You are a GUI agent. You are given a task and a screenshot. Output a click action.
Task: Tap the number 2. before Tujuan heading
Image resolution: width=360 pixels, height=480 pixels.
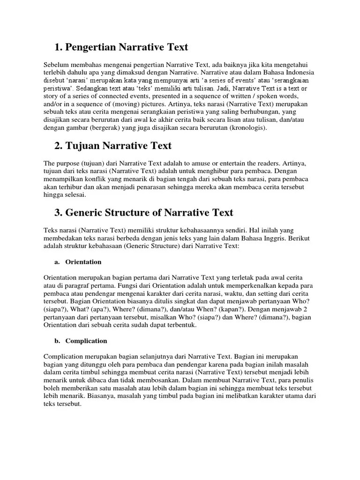coord(59,146)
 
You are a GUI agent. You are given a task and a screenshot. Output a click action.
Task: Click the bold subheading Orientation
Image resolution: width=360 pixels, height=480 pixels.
coord(83,262)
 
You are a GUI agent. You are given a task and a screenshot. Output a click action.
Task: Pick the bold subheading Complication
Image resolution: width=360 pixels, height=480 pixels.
coord(86,341)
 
